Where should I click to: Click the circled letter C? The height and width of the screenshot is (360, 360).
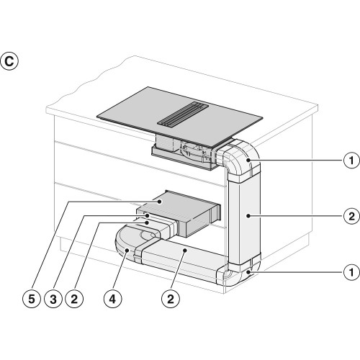point(9,61)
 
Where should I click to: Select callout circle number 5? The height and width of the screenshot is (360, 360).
point(32,299)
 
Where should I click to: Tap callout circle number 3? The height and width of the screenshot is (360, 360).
point(53,299)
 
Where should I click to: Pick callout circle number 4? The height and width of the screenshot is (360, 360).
point(112,299)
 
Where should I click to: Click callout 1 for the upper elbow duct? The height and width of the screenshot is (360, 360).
point(351,160)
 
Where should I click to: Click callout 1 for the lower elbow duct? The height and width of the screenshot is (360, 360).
point(351,272)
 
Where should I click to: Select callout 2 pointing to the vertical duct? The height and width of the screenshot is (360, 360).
point(351,216)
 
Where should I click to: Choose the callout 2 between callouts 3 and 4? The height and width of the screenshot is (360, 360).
point(74,299)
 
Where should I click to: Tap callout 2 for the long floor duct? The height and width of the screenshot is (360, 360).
point(171,299)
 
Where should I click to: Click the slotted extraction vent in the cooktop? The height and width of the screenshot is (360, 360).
point(183,113)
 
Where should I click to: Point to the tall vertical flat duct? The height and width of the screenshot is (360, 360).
point(244,220)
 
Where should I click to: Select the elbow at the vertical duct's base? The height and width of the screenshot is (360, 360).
point(239,271)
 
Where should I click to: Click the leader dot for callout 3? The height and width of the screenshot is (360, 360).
point(147,215)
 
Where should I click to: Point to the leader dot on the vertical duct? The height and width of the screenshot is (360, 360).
point(248,216)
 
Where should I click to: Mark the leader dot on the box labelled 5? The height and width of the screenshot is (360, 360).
point(159,202)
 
